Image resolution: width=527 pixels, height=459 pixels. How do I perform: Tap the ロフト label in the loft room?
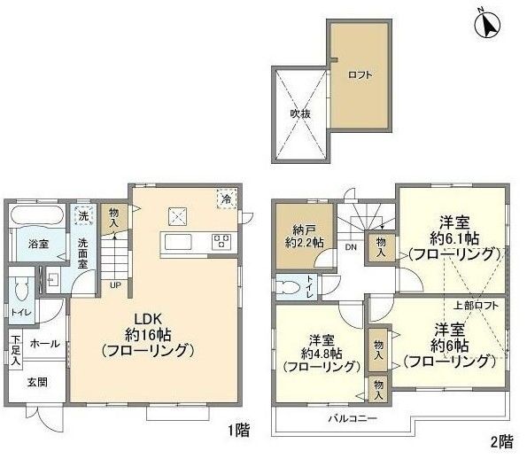(x=359, y=75)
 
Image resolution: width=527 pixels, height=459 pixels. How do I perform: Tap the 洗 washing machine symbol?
(x=82, y=215)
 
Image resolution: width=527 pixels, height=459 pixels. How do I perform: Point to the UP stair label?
(x=115, y=284)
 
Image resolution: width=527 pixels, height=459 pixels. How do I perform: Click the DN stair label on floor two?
(x=351, y=246)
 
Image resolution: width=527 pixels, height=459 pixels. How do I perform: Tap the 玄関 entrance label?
(x=35, y=382)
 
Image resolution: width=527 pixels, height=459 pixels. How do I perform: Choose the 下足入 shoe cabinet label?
(x=15, y=350)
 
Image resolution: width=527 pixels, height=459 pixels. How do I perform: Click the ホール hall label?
(x=44, y=342)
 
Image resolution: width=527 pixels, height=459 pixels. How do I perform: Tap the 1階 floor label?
(x=236, y=432)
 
